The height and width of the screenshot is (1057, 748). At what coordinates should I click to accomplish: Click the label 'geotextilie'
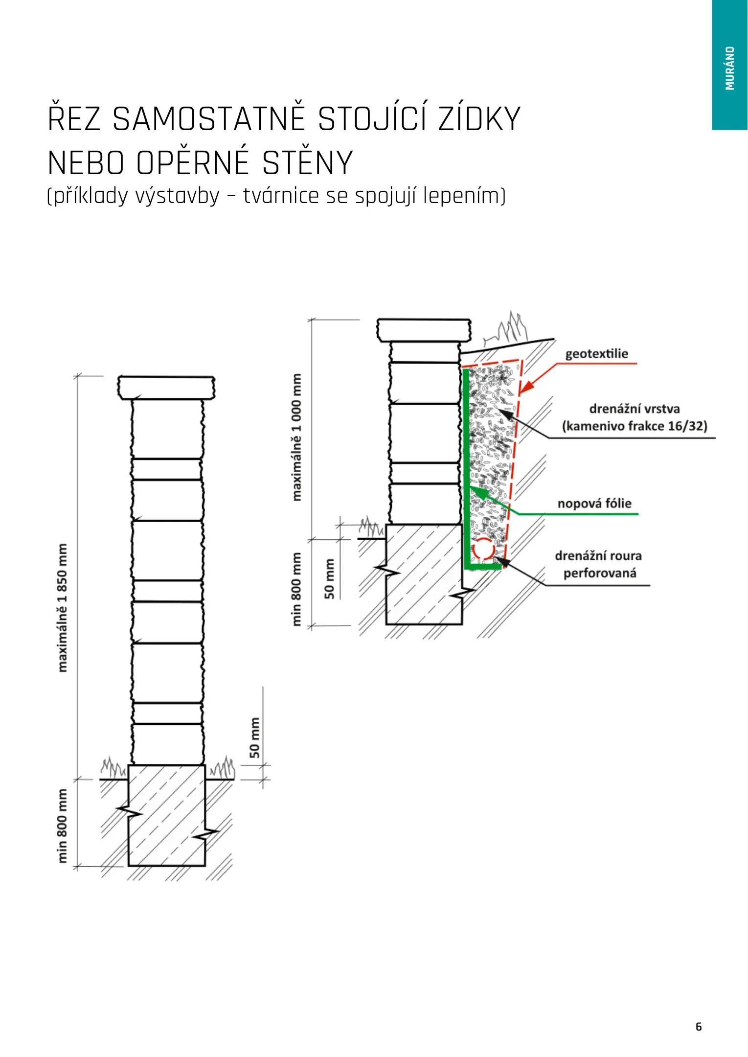pyautogui.click(x=596, y=354)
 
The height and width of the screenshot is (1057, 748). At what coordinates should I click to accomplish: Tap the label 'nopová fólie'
pyautogui.click(x=594, y=504)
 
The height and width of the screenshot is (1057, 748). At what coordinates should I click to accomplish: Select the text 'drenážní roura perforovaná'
pyautogui.click(x=599, y=565)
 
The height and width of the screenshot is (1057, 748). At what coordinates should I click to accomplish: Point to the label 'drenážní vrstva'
pyautogui.click(x=635, y=409)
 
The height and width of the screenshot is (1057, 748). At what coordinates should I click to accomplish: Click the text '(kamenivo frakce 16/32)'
pyautogui.click(x=635, y=426)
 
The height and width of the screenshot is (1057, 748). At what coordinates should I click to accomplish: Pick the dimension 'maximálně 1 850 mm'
pyautogui.click(x=63, y=608)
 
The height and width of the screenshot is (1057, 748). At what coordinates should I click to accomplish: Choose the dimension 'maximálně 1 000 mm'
pyautogui.click(x=297, y=437)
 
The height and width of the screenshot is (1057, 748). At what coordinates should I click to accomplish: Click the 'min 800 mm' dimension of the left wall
pyautogui.click(x=63, y=826)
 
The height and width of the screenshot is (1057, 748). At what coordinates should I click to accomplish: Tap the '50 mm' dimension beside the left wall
pyautogui.click(x=255, y=737)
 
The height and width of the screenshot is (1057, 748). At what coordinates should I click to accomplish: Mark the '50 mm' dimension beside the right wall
pyautogui.click(x=330, y=579)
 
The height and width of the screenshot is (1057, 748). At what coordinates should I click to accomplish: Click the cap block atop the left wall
pyautogui.click(x=166, y=388)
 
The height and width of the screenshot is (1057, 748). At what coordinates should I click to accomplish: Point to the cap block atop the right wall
pyautogui.click(x=424, y=330)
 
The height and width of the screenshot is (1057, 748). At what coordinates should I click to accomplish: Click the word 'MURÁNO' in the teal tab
pyautogui.click(x=730, y=68)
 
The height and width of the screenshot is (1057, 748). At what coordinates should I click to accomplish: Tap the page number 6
pyautogui.click(x=699, y=1026)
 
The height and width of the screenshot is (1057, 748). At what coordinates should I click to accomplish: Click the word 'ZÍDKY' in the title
pyautogui.click(x=479, y=119)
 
